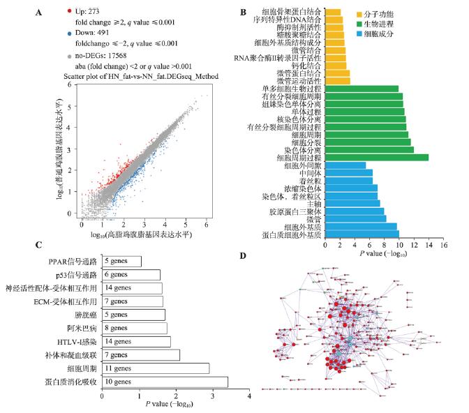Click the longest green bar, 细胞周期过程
pos(377,157)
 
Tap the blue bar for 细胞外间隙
pos(345,165)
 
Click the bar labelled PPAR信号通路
pos(121,261)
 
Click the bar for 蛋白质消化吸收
pos(165,382)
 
